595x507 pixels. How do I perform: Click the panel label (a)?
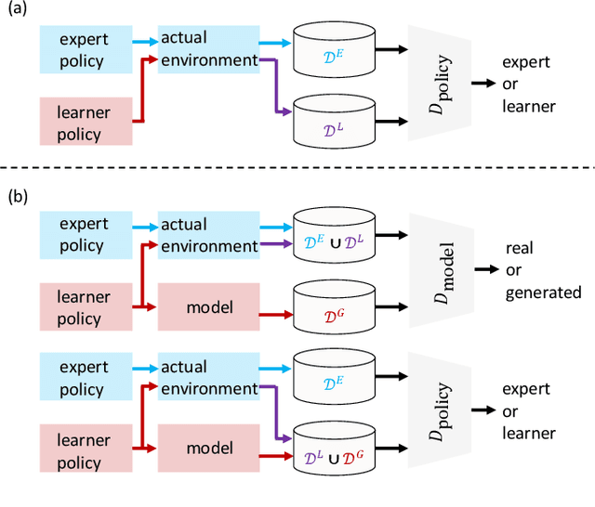(x=18, y=11)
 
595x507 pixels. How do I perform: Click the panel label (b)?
(x=18, y=197)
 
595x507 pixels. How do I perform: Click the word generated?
(x=543, y=293)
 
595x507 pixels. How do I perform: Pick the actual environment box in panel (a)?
(x=207, y=49)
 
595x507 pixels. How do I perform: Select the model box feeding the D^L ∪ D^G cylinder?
(x=208, y=448)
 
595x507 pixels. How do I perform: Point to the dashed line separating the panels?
(x=297, y=167)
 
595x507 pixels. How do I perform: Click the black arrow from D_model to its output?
(x=484, y=271)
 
